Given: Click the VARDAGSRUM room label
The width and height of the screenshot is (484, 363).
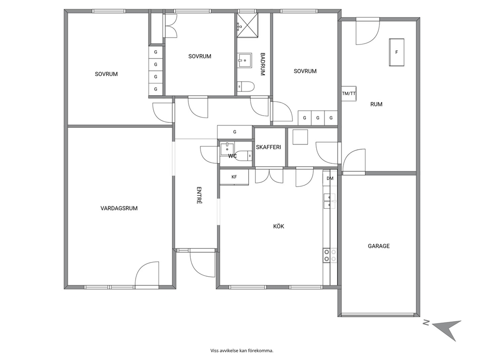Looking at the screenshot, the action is [x=119, y=208].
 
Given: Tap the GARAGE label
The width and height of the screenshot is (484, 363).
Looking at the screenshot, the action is [x=379, y=246].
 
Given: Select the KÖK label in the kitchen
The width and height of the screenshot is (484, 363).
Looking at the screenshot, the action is [x=279, y=226].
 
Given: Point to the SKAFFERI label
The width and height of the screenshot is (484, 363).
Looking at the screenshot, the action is [x=268, y=147].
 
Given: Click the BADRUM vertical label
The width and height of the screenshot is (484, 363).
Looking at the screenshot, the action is [x=262, y=64].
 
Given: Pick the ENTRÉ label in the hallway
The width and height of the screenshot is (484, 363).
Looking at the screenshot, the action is [x=199, y=195].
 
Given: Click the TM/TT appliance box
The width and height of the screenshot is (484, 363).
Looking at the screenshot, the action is [x=349, y=94].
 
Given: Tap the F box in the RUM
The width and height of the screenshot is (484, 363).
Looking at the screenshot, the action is [x=397, y=52].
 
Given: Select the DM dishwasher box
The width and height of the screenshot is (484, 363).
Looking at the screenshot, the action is [x=330, y=179].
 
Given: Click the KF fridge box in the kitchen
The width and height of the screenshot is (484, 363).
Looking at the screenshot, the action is [x=234, y=177].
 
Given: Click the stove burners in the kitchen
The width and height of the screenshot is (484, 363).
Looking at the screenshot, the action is [x=330, y=255].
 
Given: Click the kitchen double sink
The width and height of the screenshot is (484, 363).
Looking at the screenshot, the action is [x=330, y=201].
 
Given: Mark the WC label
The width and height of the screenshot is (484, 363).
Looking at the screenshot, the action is [x=232, y=156].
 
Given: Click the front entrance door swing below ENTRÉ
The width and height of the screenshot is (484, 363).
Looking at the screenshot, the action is [x=202, y=264].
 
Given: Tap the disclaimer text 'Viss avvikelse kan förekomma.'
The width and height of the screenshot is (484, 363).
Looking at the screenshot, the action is [x=242, y=350].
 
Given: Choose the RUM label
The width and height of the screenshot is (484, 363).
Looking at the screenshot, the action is [x=376, y=104].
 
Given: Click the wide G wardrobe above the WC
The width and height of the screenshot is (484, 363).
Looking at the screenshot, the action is [x=235, y=132].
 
